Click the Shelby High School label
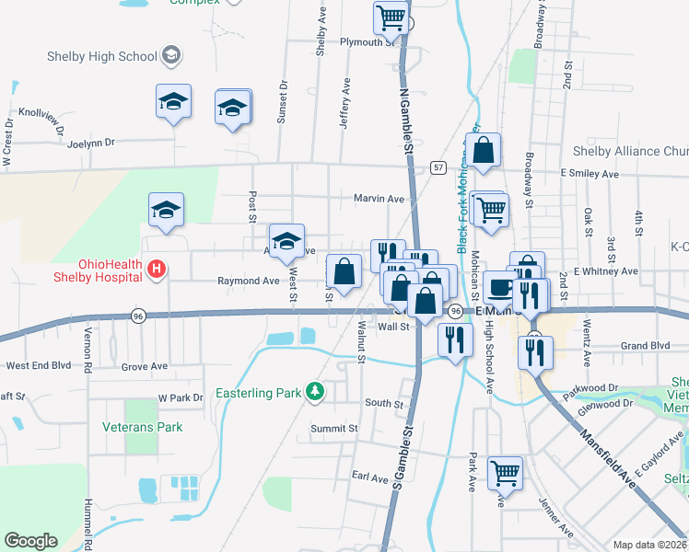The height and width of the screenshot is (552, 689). [102, 56]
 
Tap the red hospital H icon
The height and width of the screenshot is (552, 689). [157, 270]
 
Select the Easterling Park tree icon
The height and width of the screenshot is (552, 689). [315, 392]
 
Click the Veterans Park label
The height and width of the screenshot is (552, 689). [143, 427]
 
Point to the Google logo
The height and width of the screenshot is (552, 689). [30, 540]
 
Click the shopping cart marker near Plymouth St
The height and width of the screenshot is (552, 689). [391, 17]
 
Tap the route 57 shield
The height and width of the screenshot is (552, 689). [438, 167]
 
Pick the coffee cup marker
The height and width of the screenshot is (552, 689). [499, 287]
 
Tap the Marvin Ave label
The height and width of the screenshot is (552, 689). [379, 198]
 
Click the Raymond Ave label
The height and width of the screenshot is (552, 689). [248, 281]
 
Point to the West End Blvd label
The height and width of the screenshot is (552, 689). [39, 365]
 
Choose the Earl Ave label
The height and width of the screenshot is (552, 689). [370, 477]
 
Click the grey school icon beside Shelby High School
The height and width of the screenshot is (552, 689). [170, 56]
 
